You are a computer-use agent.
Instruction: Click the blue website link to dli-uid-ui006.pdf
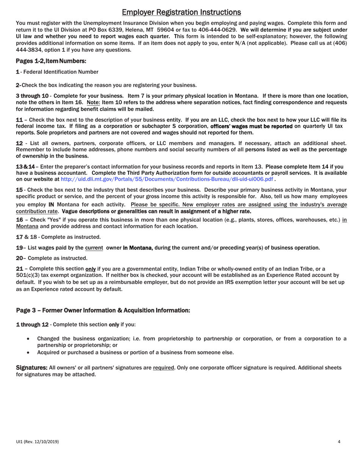[x=167, y=179]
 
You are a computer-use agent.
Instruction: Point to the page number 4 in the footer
[x=339, y=441]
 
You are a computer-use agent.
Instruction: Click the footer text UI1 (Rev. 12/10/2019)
[x=37, y=442]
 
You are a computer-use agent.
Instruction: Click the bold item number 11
[x=19, y=120]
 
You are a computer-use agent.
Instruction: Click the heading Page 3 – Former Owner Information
[x=103, y=311]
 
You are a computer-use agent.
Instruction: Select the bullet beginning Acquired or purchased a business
[x=135, y=352]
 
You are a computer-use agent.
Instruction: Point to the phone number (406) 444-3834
[x=333, y=43]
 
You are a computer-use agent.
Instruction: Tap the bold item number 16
[x=19, y=220]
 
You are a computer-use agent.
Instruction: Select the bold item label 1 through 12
[x=32, y=325]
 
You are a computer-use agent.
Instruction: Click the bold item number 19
[x=19, y=248]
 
